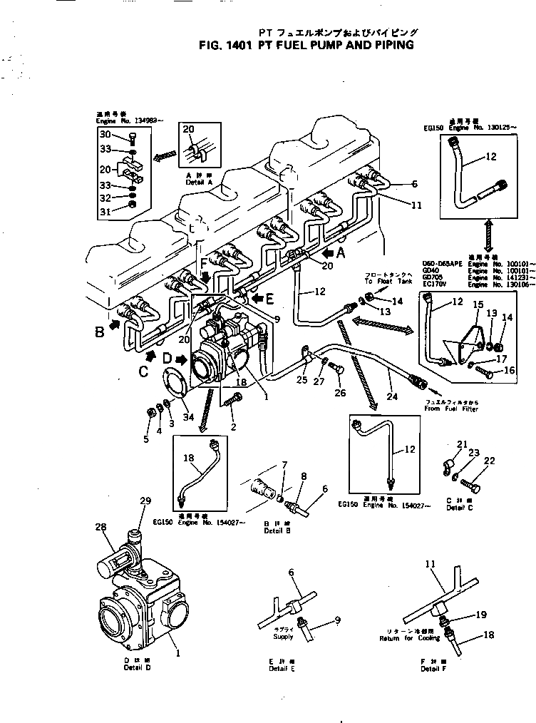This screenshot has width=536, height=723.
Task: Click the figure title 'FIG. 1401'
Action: pos(223,44)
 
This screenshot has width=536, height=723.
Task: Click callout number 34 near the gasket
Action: pos(187,417)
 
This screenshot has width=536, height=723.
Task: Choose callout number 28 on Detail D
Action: pos(100,527)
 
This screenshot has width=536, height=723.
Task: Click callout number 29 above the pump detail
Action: pos(145,501)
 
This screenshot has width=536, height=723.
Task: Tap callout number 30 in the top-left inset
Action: pos(104,135)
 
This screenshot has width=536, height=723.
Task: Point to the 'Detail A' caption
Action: pos(194,183)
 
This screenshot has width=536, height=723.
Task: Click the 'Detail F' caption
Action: pos(430,670)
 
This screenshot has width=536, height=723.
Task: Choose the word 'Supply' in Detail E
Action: pos(282,636)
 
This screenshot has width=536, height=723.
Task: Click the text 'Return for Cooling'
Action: pos(411,636)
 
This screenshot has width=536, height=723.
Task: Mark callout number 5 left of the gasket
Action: pos(145,439)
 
